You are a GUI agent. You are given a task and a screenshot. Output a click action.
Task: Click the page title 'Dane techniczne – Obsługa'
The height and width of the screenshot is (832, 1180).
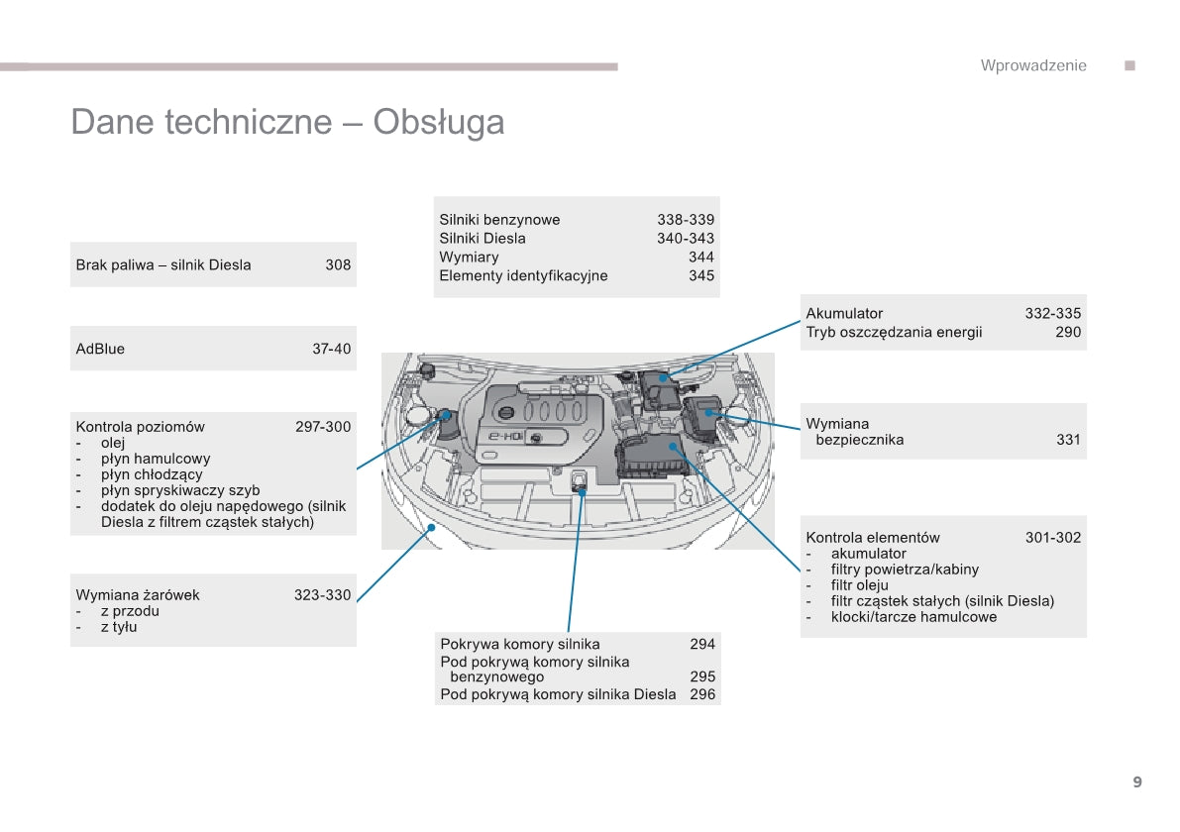click(x=287, y=122)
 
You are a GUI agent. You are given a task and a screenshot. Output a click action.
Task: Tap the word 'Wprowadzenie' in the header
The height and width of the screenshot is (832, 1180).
click(x=1033, y=65)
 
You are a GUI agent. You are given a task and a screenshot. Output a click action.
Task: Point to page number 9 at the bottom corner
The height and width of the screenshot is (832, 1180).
click(x=1137, y=781)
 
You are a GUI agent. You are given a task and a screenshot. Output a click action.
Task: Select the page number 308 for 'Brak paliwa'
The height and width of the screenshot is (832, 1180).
click(x=338, y=264)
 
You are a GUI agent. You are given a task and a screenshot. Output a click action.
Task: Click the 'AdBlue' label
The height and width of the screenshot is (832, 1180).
click(x=100, y=349)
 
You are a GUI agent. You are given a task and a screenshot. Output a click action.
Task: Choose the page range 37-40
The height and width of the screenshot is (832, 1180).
click(x=331, y=349)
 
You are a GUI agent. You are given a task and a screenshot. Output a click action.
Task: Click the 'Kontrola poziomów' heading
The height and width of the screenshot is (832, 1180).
click(x=140, y=427)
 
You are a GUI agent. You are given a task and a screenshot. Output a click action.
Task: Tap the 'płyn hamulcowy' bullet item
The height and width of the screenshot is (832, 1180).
click(x=156, y=459)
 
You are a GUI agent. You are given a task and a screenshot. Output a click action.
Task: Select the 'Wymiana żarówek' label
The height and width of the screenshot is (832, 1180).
click(x=138, y=595)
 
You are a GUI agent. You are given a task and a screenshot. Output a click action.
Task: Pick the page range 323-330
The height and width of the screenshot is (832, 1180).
click(x=322, y=595)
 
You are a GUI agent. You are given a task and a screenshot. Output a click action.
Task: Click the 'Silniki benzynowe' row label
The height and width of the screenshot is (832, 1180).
click(x=499, y=220)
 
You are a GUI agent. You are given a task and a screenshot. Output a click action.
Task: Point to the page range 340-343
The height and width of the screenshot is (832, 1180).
click(x=685, y=238)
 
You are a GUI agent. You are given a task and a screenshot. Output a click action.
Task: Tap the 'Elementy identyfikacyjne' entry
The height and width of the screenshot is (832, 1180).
click(x=523, y=275)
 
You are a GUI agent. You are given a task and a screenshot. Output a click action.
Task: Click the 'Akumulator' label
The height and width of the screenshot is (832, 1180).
click(x=844, y=313)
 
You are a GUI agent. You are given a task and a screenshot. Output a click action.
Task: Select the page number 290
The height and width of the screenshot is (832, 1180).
click(x=1068, y=332)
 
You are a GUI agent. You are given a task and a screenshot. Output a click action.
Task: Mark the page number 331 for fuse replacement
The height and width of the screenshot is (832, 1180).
click(x=1068, y=440)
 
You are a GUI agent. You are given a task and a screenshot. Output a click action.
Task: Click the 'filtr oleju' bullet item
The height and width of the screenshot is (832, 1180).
click(x=860, y=585)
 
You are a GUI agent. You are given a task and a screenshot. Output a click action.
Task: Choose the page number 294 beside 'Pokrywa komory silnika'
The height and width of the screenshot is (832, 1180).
click(x=701, y=644)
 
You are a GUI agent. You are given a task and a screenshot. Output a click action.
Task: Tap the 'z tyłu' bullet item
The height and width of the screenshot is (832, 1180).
click(x=119, y=627)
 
